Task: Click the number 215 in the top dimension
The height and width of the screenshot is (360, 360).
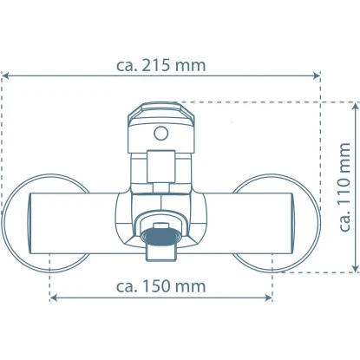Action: point(156,66)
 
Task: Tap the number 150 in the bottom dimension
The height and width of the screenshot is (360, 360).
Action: point(156,286)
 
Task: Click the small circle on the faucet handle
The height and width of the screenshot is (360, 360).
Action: point(161,134)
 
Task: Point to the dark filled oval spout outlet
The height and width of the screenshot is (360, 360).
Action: point(160,236)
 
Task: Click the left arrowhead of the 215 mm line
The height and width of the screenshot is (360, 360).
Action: point(6,75)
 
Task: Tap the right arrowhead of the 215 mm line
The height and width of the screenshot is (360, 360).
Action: point(316,75)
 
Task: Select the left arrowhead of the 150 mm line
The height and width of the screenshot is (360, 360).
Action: point(54,298)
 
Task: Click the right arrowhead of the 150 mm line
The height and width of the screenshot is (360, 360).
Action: point(268,298)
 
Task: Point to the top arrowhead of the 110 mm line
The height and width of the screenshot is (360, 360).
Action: point(356,107)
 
